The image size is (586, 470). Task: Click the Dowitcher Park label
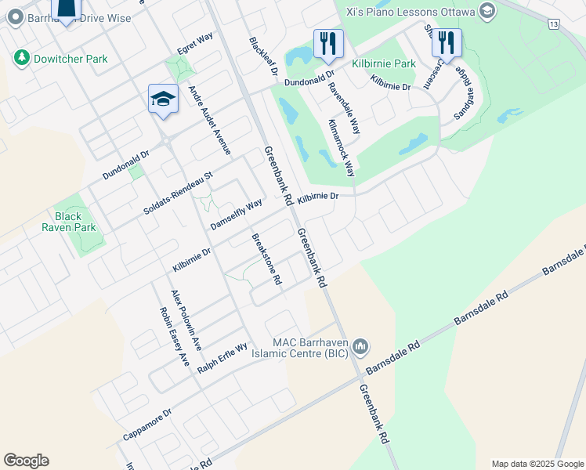pyautogui.click(x=71, y=59)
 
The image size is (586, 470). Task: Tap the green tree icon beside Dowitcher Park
pyautogui.click(x=21, y=58)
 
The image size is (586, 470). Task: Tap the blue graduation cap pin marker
pyautogui.click(x=163, y=99)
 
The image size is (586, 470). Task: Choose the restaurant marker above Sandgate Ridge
pyautogui.click(x=446, y=42)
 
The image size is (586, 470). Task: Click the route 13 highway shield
pyautogui.click(x=554, y=25)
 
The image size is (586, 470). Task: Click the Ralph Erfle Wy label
pyautogui.click(x=222, y=357)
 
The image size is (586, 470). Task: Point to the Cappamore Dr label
pyautogui.click(x=146, y=425)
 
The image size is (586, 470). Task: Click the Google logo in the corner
pyautogui.click(x=26, y=461)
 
